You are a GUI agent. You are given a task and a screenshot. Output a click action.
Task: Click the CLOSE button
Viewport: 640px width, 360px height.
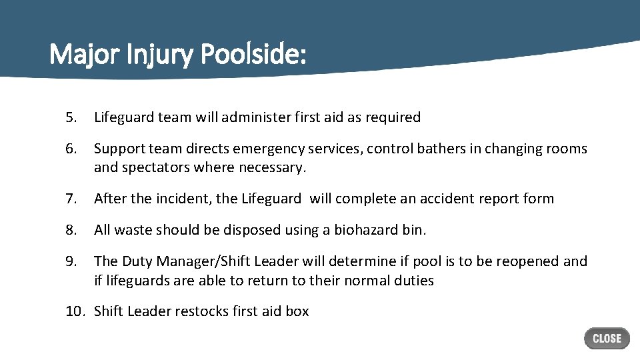tap(607, 338)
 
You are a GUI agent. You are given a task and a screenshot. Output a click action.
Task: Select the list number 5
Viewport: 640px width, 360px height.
tap(71, 117)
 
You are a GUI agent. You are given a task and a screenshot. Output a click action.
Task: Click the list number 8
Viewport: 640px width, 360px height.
tap(71, 230)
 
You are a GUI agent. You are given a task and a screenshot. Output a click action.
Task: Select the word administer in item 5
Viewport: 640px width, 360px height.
tap(253, 117)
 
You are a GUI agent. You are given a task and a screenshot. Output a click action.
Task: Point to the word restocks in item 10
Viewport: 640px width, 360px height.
tap(202, 311)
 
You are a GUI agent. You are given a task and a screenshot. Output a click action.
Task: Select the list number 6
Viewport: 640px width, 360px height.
tap(71, 149)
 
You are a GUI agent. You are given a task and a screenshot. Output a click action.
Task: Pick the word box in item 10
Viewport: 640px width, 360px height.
tap(297, 311)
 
